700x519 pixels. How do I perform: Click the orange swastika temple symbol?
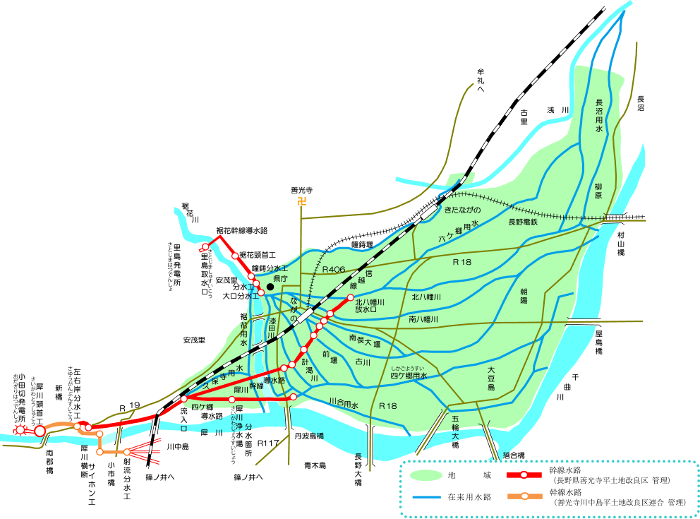coord(302,202)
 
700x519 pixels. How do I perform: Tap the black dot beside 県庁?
coord(270,287)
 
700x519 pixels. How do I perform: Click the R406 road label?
coord(333,270)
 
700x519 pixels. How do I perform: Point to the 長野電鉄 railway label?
coord(523,222)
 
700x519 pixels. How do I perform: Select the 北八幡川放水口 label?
coord(370,306)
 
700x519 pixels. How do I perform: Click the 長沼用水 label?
coord(599,116)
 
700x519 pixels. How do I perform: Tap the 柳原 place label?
coord(598,191)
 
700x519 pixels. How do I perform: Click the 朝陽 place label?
coord(524,296)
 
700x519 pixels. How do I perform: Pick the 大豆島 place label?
coord(490,378)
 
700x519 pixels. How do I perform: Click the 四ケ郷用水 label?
coord(409,376)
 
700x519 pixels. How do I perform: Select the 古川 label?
coord(363,362)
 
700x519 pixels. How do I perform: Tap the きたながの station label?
coord(461,210)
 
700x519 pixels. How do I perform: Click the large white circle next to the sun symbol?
coord(40,431)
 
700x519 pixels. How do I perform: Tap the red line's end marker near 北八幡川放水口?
coord(350,297)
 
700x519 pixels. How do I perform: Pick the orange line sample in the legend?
coord(524,496)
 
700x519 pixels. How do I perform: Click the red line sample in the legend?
coord(524,475)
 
